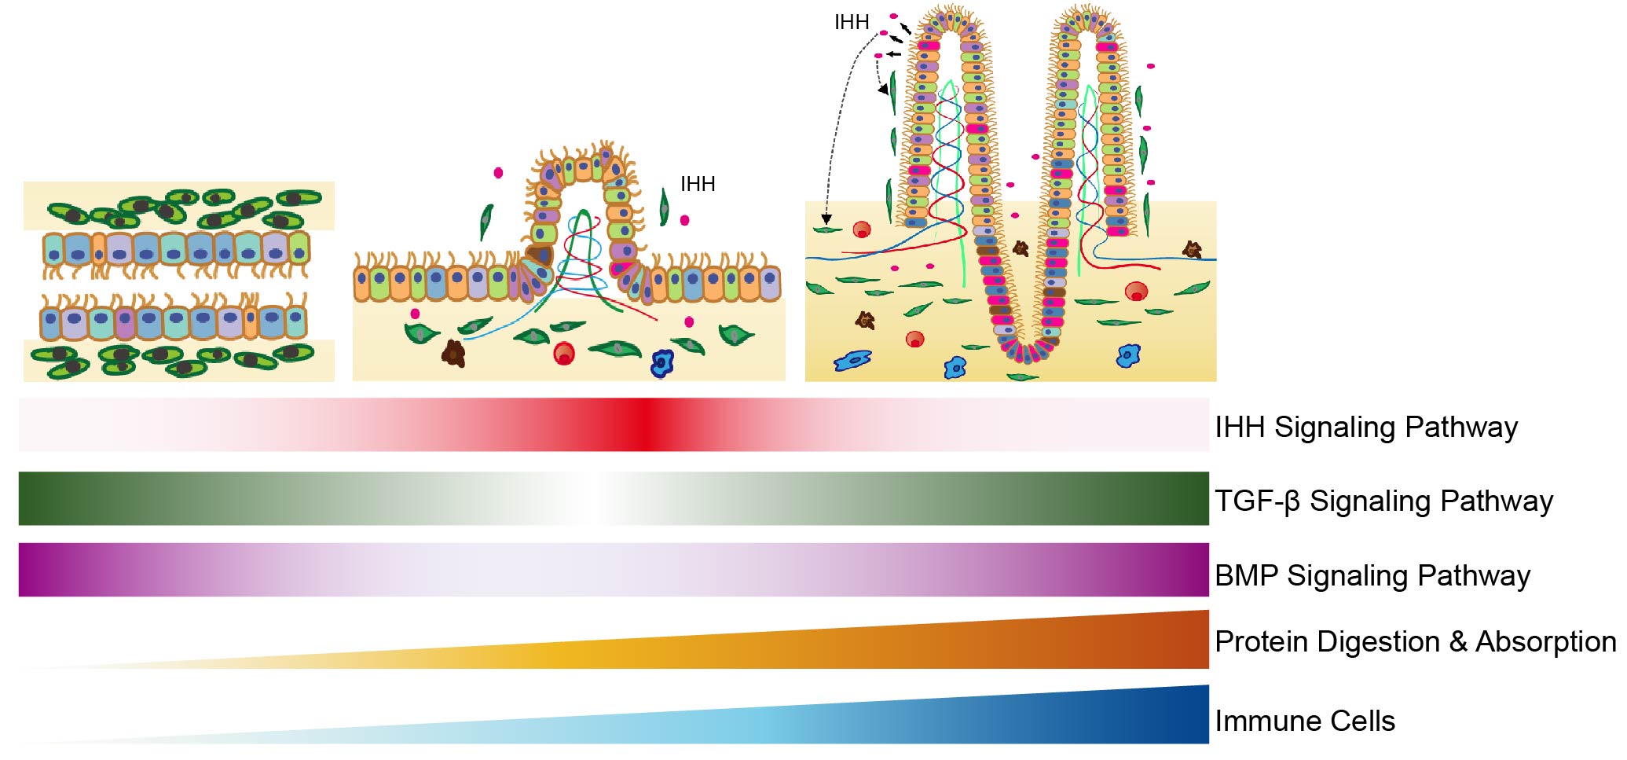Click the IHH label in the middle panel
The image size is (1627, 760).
(698, 184)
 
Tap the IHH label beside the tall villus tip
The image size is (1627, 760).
(851, 23)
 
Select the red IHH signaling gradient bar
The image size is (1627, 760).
(613, 424)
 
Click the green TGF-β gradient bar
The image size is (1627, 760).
(613, 498)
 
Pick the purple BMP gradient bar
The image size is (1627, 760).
(613, 570)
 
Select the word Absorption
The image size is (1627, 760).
(1545, 641)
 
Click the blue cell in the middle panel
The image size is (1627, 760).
(662, 362)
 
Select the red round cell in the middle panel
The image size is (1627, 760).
(564, 354)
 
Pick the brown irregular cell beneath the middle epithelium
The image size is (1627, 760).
(454, 354)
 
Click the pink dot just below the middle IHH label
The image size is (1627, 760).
(684, 220)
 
